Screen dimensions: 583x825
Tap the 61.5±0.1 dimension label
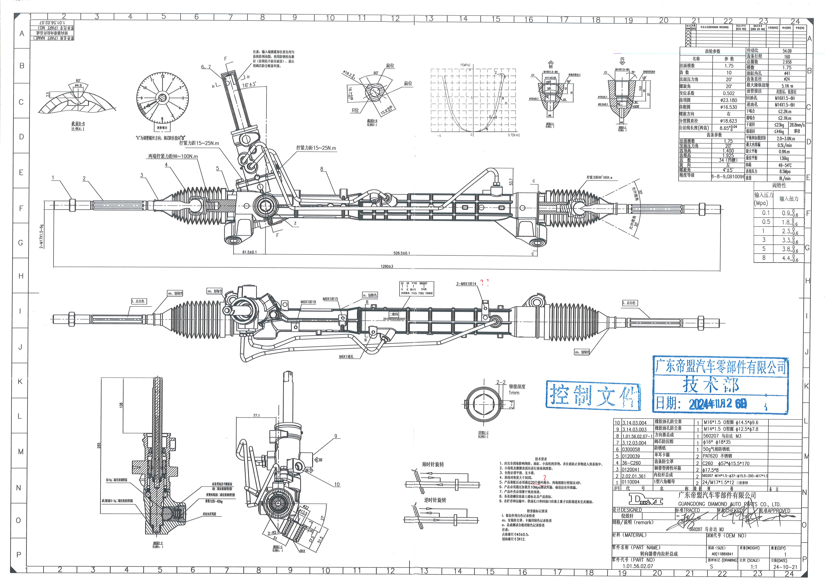pos(249,252)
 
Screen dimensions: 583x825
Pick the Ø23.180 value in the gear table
pos(728,100)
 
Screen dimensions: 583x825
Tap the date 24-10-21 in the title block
pos(785,567)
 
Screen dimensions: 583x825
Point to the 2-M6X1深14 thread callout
pos(466,284)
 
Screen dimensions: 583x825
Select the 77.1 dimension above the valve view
pos(256,416)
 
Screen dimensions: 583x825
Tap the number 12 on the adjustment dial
pos(162,76)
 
